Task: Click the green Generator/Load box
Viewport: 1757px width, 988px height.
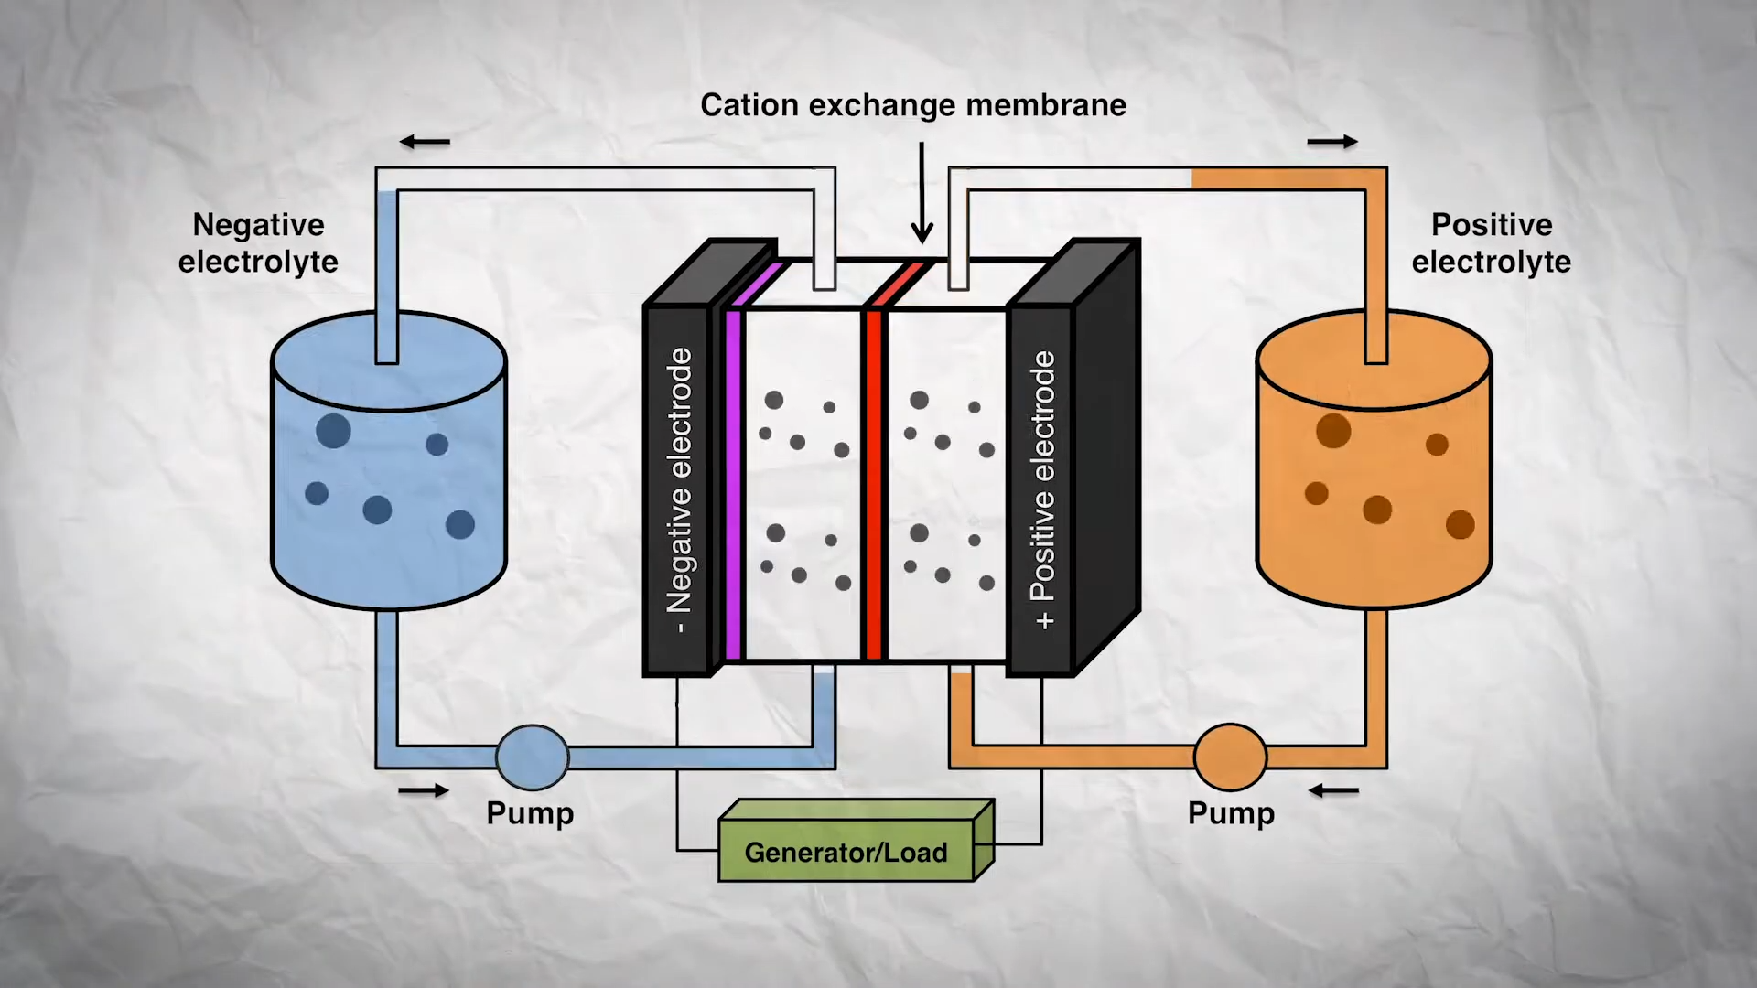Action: (x=846, y=852)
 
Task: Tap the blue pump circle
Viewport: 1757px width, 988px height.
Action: (x=533, y=757)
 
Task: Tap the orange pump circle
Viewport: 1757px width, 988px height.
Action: (x=1230, y=757)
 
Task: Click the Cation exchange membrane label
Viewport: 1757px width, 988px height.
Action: (x=912, y=105)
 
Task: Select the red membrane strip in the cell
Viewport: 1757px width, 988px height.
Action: (x=874, y=485)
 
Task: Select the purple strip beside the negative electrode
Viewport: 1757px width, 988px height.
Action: (x=733, y=485)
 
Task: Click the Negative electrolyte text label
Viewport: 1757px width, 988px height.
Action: (x=258, y=243)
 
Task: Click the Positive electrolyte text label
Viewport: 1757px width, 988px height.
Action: (x=1491, y=243)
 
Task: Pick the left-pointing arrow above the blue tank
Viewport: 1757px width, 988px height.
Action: (x=425, y=142)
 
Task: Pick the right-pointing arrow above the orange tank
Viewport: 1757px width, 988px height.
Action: (x=1332, y=142)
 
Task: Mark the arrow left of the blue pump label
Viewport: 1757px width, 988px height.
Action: (x=424, y=790)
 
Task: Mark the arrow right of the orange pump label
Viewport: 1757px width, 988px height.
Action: (x=1333, y=790)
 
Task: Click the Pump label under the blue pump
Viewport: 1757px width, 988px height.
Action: (x=530, y=813)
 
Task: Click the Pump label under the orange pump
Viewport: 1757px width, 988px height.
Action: (x=1231, y=813)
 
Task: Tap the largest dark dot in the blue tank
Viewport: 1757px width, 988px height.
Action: (x=333, y=431)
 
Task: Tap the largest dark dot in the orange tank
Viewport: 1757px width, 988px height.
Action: (x=1333, y=431)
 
